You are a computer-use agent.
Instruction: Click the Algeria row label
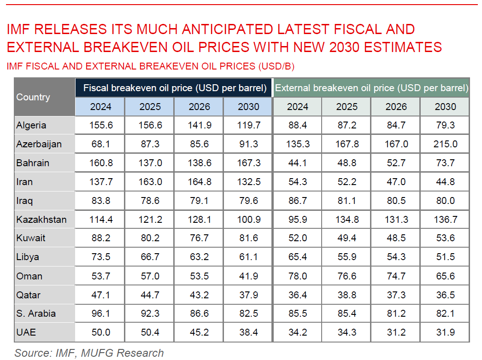[x=31, y=125]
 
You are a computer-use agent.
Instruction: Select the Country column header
[x=33, y=97]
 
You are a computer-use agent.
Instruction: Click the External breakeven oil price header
[x=371, y=87]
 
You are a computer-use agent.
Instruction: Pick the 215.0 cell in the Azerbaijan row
[x=445, y=144]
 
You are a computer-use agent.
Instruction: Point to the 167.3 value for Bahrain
[x=248, y=163]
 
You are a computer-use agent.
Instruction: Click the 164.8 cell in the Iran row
[x=199, y=182]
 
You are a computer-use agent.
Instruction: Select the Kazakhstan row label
[x=41, y=220]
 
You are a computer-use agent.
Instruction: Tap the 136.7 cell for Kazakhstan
[x=445, y=220]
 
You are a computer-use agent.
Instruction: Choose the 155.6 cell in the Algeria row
[x=100, y=125]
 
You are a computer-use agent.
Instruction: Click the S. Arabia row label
[x=36, y=314]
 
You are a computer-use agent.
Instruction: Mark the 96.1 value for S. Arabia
[x=100, y=314]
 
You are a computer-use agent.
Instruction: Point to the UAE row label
[x=26, y=332]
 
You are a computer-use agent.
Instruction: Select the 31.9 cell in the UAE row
[x=445, y=332]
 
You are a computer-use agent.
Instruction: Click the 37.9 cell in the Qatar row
[x=248, y=295]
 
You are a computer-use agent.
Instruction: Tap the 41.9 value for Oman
[x=248, y=276]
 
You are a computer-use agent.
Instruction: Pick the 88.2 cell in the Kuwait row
[x=100, y=238]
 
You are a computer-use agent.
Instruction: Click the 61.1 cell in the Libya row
[x=248, y=257]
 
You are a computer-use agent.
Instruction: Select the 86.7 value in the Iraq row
[x=298, y=201]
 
